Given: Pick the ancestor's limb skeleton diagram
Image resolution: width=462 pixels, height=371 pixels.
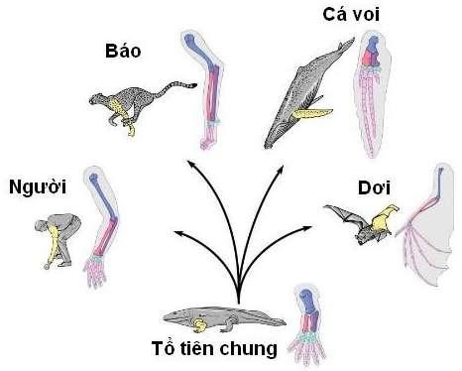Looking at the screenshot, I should coord(313,322).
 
